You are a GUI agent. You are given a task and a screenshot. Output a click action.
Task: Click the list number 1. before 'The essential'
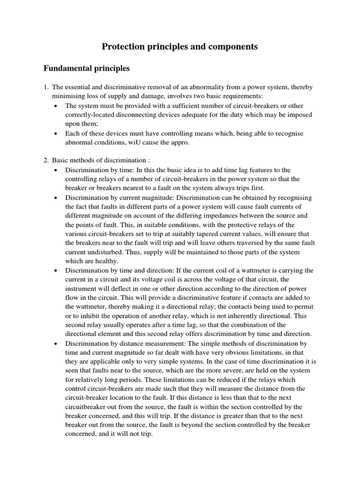(46, 88)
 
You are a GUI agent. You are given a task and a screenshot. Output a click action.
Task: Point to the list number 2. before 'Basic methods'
(46, 161)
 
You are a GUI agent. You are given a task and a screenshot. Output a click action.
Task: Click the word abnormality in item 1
(207, 88)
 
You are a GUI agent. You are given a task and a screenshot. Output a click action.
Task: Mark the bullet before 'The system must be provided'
(56, 106)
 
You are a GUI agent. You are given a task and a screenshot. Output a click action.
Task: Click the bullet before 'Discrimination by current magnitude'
(56, 198)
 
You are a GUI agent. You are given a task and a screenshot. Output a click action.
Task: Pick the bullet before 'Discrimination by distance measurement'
(56, 344)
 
